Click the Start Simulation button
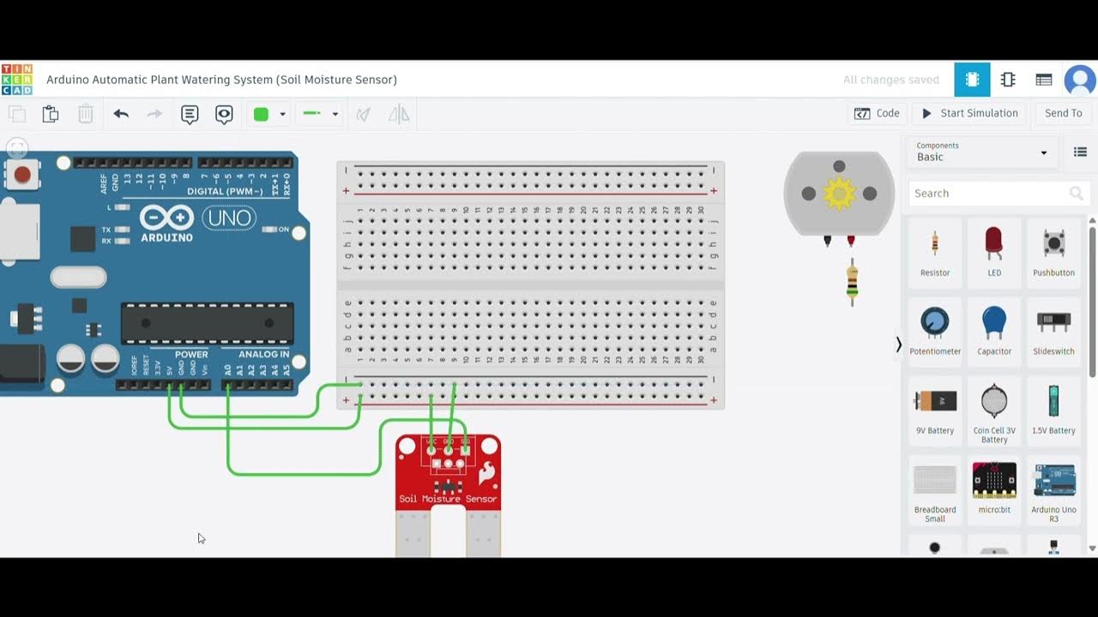pyautogui.click(x=969, y=113)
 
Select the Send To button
pyautogui.click(x=1063, y=113)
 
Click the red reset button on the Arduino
pyautogui.click(x=22, y=176)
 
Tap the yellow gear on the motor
pyautogui.click(x=839, y=195)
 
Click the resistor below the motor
pyautogui.click(x=852, y=280)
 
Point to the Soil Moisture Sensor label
pyautogui.click(x=448, y=499)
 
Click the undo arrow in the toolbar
pyautogui.click(x=121, y=114)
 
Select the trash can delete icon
pyautogui.click(x=86, y=114)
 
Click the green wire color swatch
pyautogui.click(x=262, y=114)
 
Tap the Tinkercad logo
pyautogui.click(x=17, y=80)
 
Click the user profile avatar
pyautogui.click(x=1079, y=80)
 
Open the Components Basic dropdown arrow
pyautogui.click(x=1044, y=153)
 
